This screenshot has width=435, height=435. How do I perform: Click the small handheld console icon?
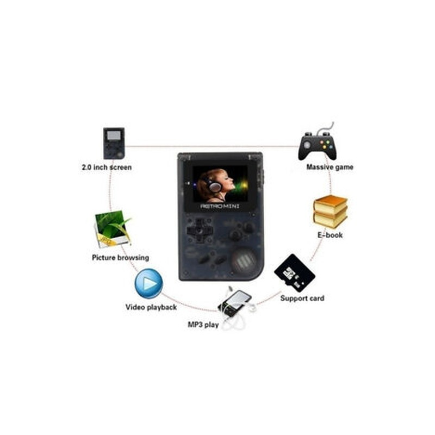point(114,143)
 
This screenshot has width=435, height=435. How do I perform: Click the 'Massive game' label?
point(330,167)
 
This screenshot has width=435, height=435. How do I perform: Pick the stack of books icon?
point(330,212)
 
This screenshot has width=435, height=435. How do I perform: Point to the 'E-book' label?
point(331,235)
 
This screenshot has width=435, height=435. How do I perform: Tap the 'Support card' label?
point(302,298)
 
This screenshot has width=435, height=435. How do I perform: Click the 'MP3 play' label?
point(204,325)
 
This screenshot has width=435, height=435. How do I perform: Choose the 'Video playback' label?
point(151,307)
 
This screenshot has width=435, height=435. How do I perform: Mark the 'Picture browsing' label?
point(120,257)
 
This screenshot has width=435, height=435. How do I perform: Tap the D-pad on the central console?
point(199,231)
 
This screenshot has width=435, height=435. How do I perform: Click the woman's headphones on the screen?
point(215,186)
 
